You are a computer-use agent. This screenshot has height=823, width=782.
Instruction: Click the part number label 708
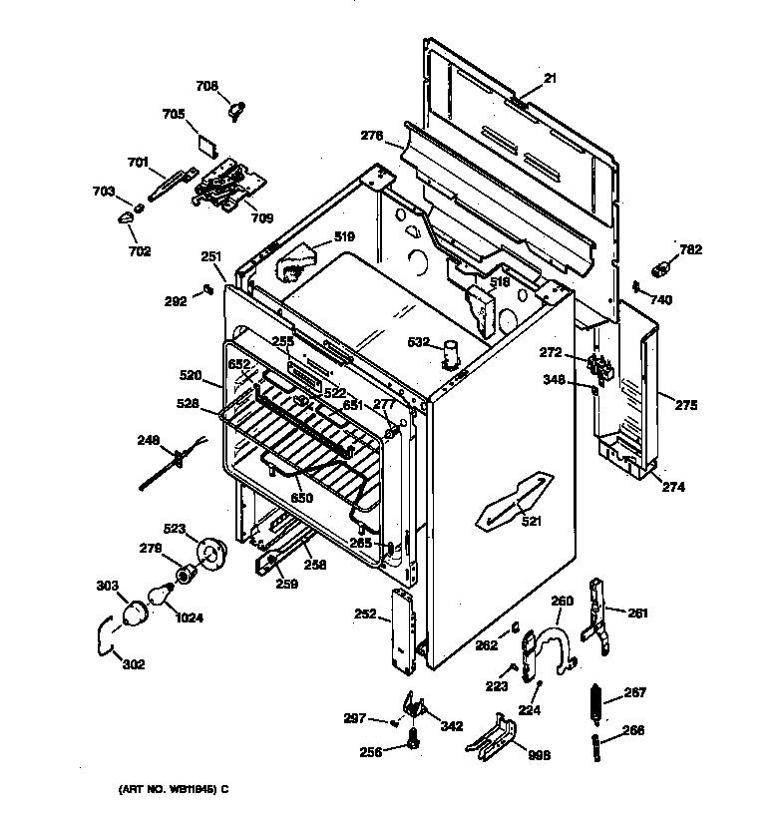(206, 87)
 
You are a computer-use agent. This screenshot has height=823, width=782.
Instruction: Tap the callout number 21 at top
(550, 79)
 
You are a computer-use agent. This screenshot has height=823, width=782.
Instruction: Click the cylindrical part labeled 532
(452, 353)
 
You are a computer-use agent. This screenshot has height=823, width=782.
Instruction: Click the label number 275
(685, 406)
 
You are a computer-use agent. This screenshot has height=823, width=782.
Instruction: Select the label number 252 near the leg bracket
(366, 616)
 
